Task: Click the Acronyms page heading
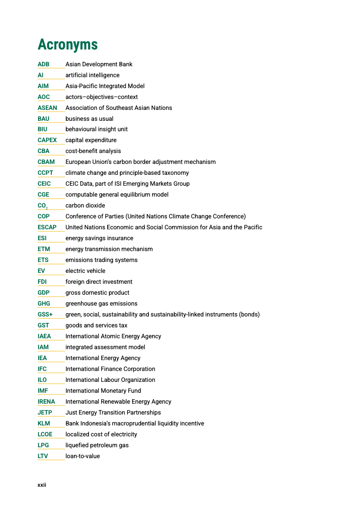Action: pyautogui.click(x=68, y=44)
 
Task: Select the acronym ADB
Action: pyautogui.click(x=44, y=64)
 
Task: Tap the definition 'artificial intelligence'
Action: pyautogui.click(x=93, y=75)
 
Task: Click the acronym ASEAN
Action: pyautogui.click(x=47, y=108)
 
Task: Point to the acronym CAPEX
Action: pyautogui.click(x=47, y=140)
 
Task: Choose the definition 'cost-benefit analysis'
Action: pyautogui.click(x=93, y=151)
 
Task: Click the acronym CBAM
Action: pyautogui.click(x=46, y=162)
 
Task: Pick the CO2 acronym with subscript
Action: pyautogui.click(x=43, y=206)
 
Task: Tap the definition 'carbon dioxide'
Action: pyautogui.click(x=85, y=206)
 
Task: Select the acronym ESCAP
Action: pyautogui.click(x=47, y=227)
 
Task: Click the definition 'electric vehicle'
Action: pyautogui.click(x=85, y=271)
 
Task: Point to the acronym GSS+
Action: pyautogui.click(x=45, y=315)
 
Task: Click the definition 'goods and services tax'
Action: pyautogui.click(x=96, y=326)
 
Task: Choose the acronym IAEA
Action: pyautogui.click(x=44, y=336)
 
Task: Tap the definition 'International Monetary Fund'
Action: pyautogui.click(x=103, y=391)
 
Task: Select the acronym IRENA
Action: pyautogui.click(x=46, y=402)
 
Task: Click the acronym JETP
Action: pyautogui.click(x=45, y=413)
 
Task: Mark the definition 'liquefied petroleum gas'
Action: pyautogui.click(x=97, y=445)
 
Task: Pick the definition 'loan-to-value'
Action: pyautogui.click(x=83, y=456)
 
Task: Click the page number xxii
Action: pyautogui.click(x=42, y=485)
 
